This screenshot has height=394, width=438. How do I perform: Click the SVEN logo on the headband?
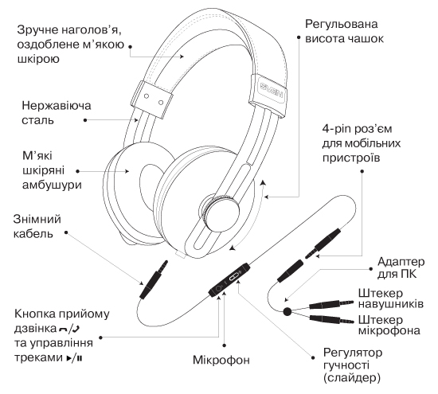272,91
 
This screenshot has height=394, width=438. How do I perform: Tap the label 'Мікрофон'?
221,360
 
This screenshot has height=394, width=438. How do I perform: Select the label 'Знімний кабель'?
37,227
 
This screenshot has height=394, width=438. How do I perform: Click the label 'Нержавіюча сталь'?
57,113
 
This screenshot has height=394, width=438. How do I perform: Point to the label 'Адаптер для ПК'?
401,267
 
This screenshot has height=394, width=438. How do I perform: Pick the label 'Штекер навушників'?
391,298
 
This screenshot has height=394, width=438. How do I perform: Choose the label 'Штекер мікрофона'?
389,325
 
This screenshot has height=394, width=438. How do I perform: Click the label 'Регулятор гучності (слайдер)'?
353,365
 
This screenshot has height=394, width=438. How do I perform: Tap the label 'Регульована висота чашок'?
344,31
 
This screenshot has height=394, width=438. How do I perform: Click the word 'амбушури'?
52,185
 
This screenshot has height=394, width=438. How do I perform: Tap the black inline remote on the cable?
229,280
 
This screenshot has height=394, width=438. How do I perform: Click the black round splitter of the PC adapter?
287,311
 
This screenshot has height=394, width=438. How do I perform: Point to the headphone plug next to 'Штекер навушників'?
331,304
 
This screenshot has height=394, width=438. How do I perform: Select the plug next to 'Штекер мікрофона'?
331,319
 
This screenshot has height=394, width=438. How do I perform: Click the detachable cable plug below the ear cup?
154,280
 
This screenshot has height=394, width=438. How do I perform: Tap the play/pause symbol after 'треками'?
74,358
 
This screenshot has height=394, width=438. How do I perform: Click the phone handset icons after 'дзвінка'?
69,329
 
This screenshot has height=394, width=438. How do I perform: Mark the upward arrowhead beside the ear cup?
262,182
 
